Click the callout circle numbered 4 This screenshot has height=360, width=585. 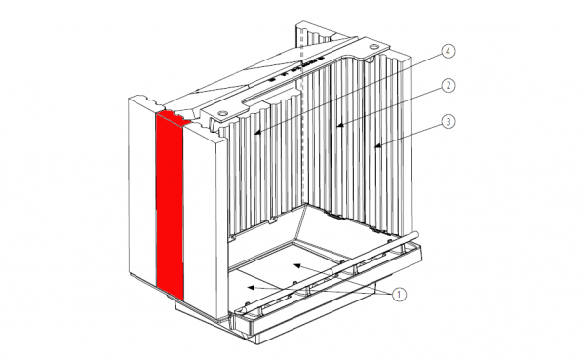click(x=448, y=51)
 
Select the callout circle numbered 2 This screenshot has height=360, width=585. click(x=448, y=86)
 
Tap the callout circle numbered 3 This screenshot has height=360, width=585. click(x=448, y=121)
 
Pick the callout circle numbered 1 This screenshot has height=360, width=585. click(x=399, y=295)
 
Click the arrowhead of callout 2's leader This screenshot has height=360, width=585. click(x=339, y=126)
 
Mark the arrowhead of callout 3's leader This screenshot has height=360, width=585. click(x=378, y=146)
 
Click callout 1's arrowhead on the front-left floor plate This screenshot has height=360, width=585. click(x=252, y=287)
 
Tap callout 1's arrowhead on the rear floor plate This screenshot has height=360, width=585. click(x=297, y=265)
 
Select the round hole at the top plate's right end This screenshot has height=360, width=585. click(x=372, y=47)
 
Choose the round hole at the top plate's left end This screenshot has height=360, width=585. click(x=222, y=112)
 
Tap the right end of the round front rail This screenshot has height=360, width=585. click(x=415, y=234)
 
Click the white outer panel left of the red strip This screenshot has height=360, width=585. click(x=142, y=190)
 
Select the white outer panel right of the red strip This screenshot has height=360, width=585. click(x=200, y=220)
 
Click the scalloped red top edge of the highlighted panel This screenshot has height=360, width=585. click(x=174, y=116)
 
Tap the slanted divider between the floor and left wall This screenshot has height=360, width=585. click(x=300, y=221)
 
